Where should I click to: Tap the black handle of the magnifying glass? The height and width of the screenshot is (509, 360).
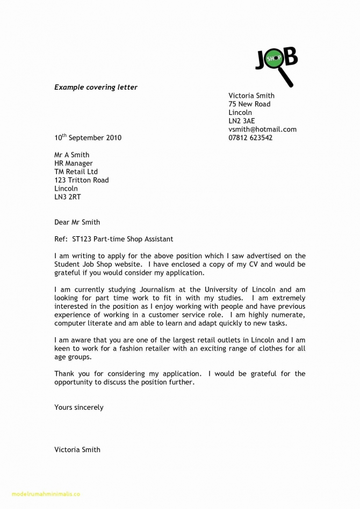click(287, 78)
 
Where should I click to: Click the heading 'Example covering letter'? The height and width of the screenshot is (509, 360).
click(96, 87)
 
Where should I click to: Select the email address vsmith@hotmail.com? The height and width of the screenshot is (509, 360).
click(262, 129)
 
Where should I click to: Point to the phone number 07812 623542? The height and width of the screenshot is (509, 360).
click(250, 137)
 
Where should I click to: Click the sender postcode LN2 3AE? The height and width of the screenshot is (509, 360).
click(242, 121)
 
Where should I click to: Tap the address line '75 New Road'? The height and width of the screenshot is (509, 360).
click(249, 104)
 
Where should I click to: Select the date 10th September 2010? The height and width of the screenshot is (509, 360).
click(88, 137)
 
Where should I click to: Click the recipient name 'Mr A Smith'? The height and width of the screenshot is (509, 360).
click(71, 155)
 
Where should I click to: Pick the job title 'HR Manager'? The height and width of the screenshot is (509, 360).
click(73, 163)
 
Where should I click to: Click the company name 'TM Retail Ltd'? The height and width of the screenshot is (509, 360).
click(76, 172)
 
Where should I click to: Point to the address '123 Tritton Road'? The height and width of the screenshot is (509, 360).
click(81, 180)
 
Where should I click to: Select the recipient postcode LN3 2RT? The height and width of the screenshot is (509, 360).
click(67, 197)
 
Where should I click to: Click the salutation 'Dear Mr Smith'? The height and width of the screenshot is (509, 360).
click(77, 222)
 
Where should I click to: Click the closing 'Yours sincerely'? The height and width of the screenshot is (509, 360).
click(78, 407)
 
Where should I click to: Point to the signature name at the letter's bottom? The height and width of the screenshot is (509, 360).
click(77, 449)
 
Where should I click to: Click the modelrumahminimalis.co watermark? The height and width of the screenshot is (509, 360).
click(40, 494)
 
